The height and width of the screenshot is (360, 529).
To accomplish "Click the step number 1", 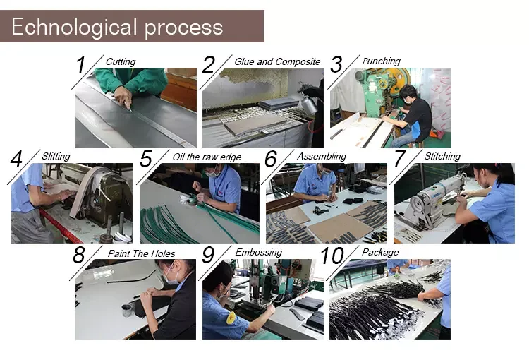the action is point(80,64).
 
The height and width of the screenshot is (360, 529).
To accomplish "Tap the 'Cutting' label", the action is point(121,61).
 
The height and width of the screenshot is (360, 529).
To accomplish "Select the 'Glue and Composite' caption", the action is point(277,61).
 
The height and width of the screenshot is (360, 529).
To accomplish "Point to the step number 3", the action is point(336,64).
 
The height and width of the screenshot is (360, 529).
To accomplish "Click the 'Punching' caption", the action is point(381,61).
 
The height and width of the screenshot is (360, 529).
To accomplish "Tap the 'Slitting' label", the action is point(56,156).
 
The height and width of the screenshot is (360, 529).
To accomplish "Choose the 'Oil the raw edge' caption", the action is point(207,157).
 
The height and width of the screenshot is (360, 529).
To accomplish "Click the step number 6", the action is point(271,159).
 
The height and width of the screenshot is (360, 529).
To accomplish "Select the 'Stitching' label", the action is point(442,157).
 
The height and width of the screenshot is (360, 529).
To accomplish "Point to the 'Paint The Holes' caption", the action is point(141,253).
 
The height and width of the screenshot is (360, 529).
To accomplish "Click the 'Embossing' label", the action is point(258,253).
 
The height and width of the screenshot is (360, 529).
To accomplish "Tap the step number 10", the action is point(332,256).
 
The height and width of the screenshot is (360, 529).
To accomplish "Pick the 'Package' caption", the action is point(380,252).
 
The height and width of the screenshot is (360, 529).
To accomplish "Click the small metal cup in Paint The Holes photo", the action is point(127,310).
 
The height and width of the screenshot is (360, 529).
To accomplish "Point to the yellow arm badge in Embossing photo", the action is point(231,318).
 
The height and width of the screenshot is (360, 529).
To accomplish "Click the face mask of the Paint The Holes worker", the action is point(172,278).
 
